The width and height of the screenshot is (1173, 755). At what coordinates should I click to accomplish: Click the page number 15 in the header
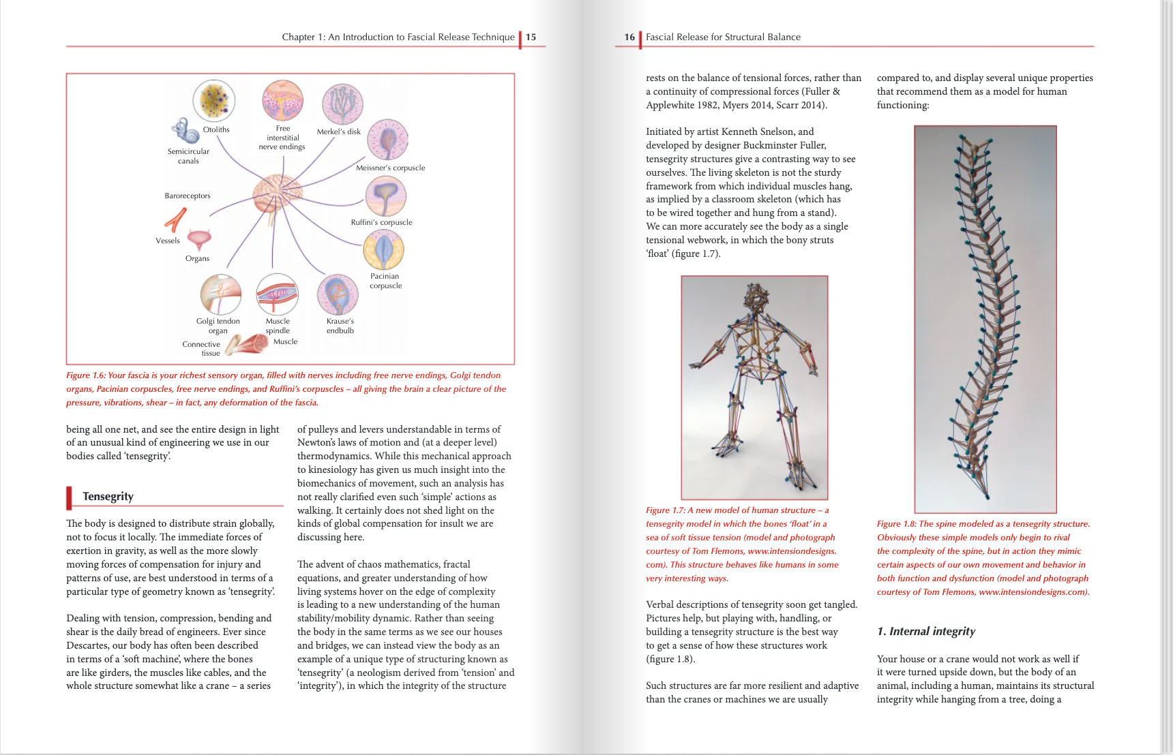[x=531, y=37]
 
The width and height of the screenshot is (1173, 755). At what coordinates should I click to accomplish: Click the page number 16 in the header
[x=629, y=37]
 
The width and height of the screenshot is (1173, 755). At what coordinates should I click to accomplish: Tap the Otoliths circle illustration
[x=214, y=100]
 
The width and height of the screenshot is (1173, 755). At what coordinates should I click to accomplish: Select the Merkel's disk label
[x=338, y=132]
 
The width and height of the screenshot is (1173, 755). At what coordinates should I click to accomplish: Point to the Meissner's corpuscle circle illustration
[x=387, y=140]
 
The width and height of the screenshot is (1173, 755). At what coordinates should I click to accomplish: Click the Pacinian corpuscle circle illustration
[x=384, y=249]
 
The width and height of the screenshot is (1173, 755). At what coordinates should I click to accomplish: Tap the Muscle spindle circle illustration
[x=277, y=294]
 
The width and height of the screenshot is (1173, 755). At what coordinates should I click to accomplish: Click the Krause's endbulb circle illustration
[x=338, y=294]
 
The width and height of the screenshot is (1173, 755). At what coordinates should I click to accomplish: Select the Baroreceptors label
[x=187, y=196]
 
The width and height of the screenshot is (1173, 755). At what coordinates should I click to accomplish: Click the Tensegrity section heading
[x=108, y=496]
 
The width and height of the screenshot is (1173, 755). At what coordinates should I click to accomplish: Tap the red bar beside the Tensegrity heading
[x=69, y=497]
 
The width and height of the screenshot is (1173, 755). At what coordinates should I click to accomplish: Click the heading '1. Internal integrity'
[x=926, y=631]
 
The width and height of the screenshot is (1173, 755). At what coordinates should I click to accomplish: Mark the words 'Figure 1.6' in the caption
[x=86, y=375]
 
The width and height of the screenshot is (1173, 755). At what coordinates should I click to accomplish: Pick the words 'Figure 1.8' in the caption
[x=896, y=524]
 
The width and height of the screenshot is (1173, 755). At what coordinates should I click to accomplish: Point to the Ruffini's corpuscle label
[x=381, y=222]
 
